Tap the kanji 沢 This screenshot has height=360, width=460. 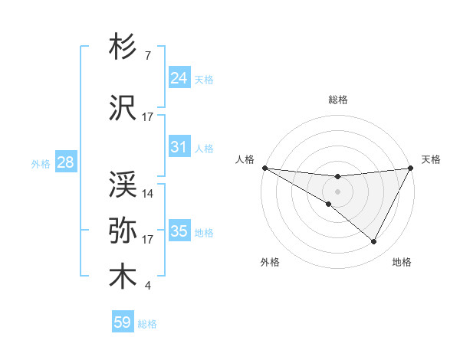[123, 107]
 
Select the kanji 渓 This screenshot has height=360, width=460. [123, 183]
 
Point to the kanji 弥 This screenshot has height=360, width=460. [123, 229]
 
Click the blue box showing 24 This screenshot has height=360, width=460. [179, 78]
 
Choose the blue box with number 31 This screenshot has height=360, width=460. [179, 147]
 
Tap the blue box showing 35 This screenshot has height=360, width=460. [179, 231]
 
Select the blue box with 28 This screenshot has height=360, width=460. [64, 162]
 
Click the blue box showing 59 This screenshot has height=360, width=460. [123, 322]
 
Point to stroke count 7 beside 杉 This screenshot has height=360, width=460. [147, 57]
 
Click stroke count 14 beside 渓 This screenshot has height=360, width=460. [148, 193]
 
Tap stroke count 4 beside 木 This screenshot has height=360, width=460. [147, 286]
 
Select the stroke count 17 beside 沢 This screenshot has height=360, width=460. [148, 117]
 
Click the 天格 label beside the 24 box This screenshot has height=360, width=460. [204, 79]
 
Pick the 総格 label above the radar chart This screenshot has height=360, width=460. [337, 100]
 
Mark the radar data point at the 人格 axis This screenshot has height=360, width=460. [264, 167]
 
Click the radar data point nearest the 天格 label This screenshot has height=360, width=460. [410, 168]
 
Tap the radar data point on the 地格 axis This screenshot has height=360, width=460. [373, 242]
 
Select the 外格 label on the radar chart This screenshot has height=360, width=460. [270, 263]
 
